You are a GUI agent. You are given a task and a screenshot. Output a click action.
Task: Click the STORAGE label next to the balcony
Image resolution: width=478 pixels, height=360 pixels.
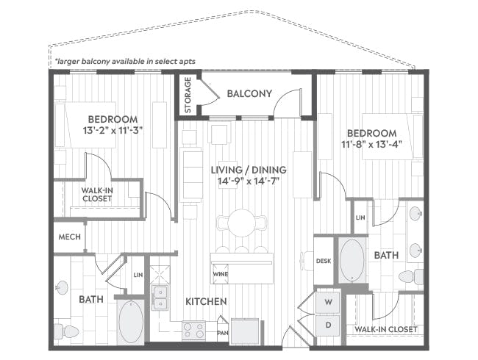[x=188, y=95]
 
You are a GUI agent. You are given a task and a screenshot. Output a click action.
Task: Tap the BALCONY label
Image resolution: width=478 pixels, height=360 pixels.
[x=249, y=93]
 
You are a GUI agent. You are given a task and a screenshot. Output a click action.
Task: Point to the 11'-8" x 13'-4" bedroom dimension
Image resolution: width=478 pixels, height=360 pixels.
[x=371, y=145]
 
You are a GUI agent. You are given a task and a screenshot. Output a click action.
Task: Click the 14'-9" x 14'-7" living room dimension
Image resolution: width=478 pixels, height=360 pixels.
[x=249, y=181]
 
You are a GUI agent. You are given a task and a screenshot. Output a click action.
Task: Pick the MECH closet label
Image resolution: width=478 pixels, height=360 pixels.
[x=69, y=237]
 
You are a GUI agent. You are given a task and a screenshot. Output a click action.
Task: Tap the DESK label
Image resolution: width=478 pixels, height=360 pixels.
[x=324, y=260]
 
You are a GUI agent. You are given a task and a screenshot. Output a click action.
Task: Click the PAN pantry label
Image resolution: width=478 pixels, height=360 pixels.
[x=223, y=333]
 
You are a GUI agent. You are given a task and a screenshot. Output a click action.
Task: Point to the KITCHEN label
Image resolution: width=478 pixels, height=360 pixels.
[x=205, y=301]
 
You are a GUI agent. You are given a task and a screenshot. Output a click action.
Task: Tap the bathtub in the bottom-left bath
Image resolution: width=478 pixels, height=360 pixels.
[x=131, y=321]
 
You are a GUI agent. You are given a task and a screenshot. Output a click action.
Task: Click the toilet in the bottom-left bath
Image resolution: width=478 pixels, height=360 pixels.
[x=66, y=331]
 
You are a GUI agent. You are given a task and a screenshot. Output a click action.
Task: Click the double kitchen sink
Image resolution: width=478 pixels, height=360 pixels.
[x=159, y=298]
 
